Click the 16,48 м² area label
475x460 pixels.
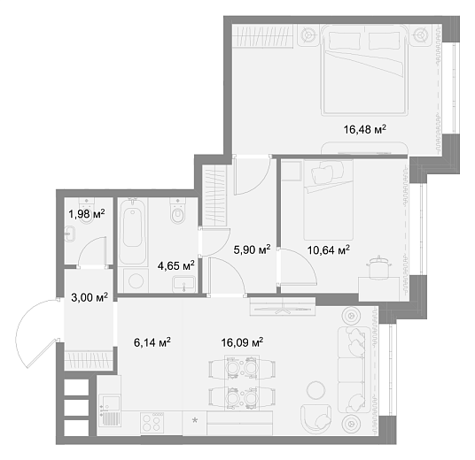click(x=365, y=129)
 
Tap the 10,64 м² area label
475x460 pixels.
click(x=329, y=250)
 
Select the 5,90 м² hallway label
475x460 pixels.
click(x=252, y=249)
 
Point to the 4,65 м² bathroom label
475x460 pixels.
click(x=175, y=266)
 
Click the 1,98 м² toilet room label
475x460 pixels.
click(x=87, y=214)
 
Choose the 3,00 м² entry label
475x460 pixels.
click(x=90, y=297)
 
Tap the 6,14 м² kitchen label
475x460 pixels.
click(x=152, y=342)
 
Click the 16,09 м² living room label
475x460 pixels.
click(x=242, y=342)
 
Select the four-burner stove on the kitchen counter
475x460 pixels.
click(x=152, y=423)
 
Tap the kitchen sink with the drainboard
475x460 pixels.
click(x=109, y=410)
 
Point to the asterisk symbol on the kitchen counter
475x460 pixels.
click(x=195, y=420)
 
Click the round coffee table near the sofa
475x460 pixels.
click(x=316, y=390)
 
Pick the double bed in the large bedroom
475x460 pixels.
click(x=364, y=70)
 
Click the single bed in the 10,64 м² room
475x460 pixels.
click(x=329, y=200)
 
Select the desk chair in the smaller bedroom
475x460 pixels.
click(x=378, y=267)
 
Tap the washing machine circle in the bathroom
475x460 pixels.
click(x=136, y=281)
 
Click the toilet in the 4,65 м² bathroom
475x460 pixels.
click(x=177, y=211)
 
